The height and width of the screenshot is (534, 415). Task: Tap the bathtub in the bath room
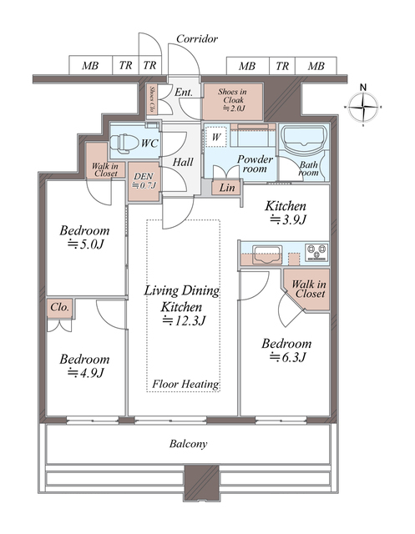point(303,139)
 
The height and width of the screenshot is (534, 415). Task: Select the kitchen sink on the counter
point(267,254)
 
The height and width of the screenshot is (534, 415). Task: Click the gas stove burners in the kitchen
point(316,252)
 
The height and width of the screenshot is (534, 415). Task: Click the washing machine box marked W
point(216,137)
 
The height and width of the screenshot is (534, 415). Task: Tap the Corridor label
point(197,39)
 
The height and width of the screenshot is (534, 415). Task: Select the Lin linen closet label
point(226,187)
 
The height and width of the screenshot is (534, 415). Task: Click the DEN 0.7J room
point(144,181)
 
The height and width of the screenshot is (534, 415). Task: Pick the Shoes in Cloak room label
point(233,100)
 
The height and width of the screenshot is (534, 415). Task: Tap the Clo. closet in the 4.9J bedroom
point(60,308)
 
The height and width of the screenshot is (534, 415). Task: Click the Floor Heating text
point(185,384)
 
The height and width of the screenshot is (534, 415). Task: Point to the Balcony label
point(188,444)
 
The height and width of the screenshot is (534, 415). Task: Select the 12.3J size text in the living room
point(184,320)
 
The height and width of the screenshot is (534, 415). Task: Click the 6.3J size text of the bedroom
point(287,357)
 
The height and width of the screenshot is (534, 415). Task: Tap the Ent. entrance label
point(184,92)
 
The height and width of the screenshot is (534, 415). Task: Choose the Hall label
point(183,162)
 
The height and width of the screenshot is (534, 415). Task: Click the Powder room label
point(255,164)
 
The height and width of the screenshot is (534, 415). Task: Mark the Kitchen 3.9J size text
point(288,220)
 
